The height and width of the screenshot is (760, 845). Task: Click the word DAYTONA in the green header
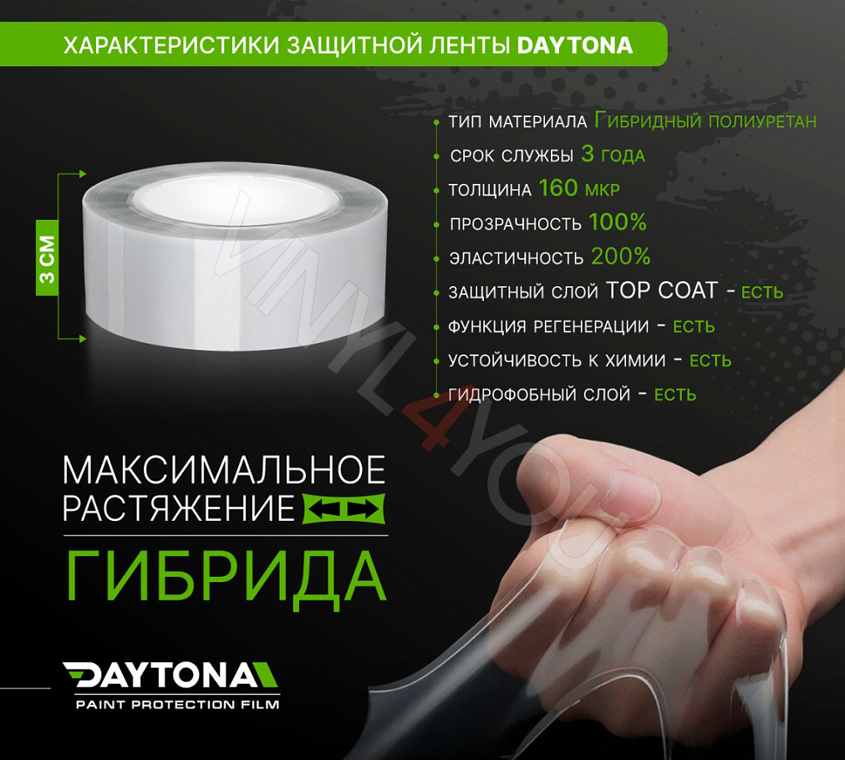575,45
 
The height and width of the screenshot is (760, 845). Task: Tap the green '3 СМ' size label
48,259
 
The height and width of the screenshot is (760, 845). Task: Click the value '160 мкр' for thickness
578,189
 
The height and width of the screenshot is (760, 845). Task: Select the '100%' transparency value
618,223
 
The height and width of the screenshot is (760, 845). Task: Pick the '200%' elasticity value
620,257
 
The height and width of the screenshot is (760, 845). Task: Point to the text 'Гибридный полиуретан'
705,121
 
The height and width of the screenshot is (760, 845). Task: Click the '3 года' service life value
613,156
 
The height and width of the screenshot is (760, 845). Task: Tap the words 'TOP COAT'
662,291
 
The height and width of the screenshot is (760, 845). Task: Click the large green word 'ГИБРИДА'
226,576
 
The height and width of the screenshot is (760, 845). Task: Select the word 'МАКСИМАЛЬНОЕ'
224,471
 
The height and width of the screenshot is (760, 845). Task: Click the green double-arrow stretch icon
342,508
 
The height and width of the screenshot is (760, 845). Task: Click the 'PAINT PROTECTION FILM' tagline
177,704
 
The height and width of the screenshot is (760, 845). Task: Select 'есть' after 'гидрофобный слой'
674,395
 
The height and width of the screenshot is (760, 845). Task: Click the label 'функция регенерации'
548,326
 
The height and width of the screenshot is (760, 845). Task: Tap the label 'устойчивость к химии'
557,360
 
